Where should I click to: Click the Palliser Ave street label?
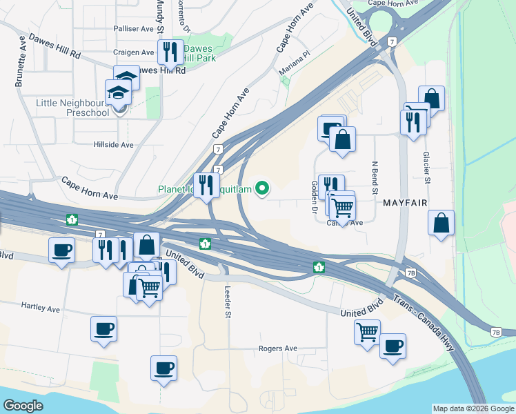click(x=134, y=29)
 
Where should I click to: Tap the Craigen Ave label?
click(x=134, y=52)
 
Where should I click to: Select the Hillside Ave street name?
click(x=113, y=145)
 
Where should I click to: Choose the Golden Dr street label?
click(x=314, y=197)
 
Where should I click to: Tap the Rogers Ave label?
click(x=277, y=349)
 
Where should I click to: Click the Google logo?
click(x=23, y=406)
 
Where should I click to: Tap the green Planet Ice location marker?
click(x=262, y=188)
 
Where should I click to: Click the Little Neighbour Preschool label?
click(x=72, y=108)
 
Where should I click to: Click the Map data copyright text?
click(x=473, y=408)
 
